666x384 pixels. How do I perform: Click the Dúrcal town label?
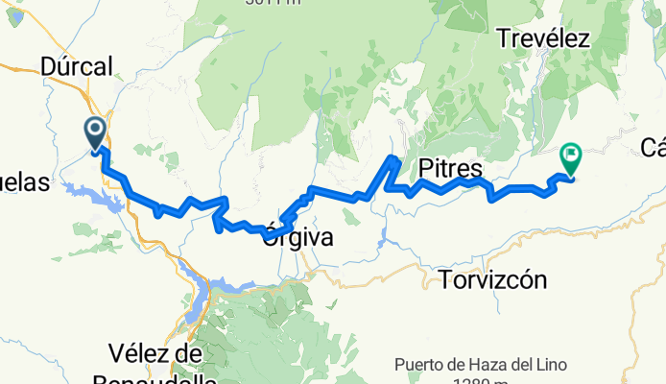[x=78, y=65]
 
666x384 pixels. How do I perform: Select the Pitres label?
[x=450, y=169]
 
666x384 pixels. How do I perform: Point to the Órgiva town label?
[x=297, y=238]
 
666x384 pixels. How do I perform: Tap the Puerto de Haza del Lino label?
[x=481, y=365]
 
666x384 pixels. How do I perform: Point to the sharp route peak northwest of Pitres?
[x=392, y=158]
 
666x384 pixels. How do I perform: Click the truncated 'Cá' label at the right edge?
[x=654, y=147]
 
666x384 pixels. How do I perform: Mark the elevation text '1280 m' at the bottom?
[x=481, y=381]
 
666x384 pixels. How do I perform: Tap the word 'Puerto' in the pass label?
[x=420, y=365]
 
